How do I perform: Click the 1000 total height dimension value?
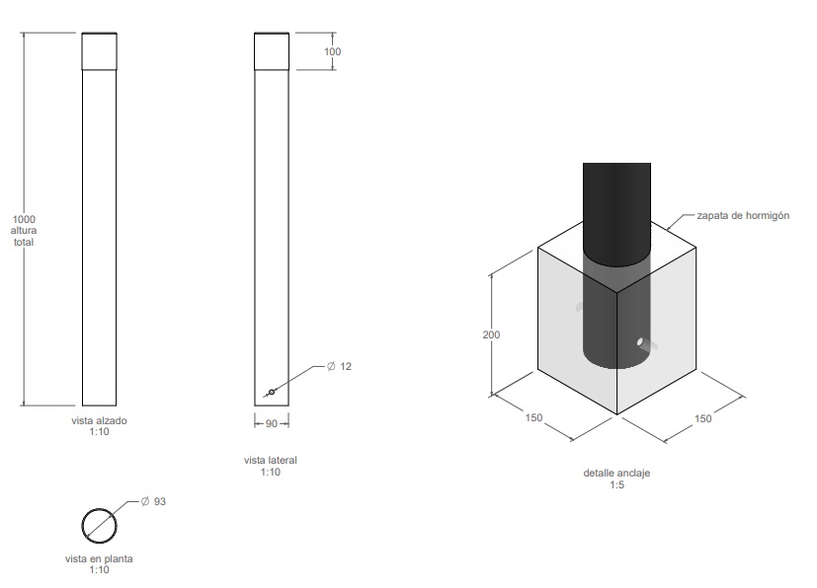point(24,219)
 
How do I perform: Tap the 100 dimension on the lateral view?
point(332,51)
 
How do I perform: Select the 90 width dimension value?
point(272,423)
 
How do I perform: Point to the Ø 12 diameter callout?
point(339,366)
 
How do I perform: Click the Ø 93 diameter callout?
point(153,501)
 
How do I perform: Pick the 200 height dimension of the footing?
point(491,334)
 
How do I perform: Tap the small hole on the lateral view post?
point(272,392)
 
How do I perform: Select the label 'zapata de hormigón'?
point(743,215)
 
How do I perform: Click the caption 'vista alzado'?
point(99,420)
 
